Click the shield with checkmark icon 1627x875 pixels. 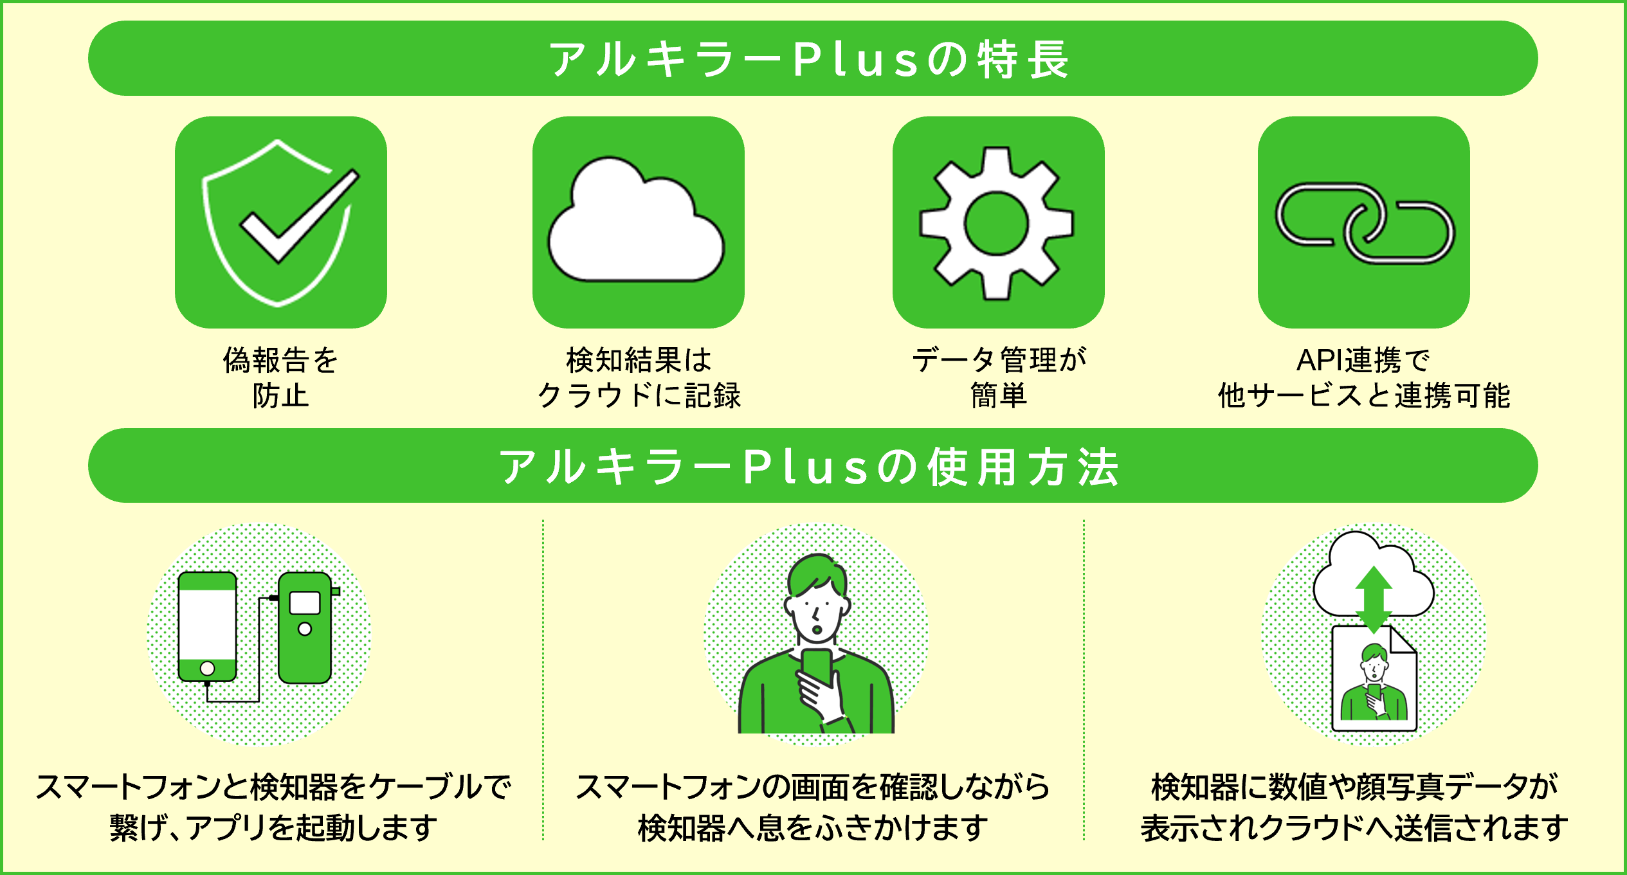coord(280,222)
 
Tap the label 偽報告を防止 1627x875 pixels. coord(280,377)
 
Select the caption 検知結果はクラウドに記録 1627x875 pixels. coord(639,377)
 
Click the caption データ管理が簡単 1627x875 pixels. coord(999,377)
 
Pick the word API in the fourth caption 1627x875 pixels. coord(1318,361)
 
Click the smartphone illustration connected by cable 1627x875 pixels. coord(207,626)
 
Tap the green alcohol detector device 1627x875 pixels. coord(305,627)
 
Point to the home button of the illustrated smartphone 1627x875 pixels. coord(207,669)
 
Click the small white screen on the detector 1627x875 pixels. coord(305,603)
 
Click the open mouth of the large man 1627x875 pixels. coord(817,629)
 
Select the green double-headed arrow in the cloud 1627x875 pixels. coord(1374,599)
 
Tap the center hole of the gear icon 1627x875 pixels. coord(997,224)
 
